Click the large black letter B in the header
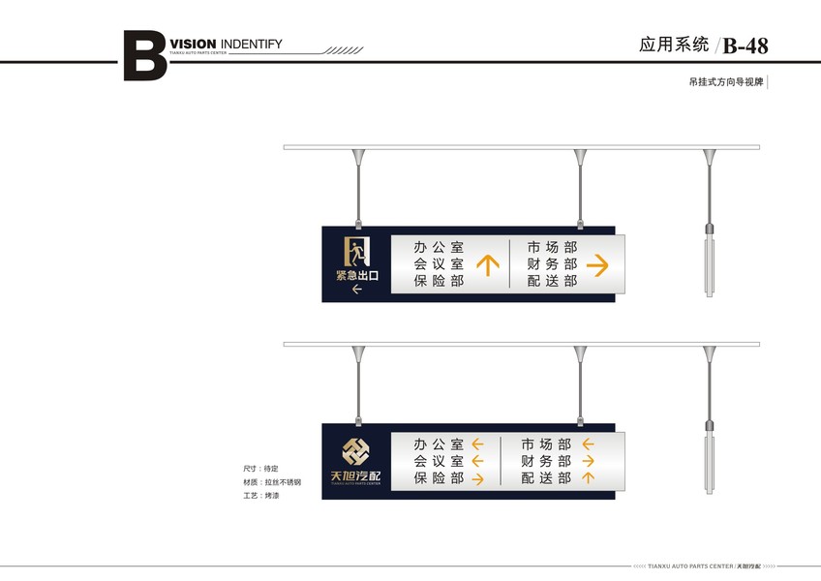coord(144,56)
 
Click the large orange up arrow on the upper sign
coord(488,264)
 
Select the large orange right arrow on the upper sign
coord(597,264)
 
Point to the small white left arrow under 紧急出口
coord(356,290)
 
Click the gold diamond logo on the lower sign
coord(355,452)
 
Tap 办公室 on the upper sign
coord(438,248)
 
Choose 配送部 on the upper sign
coord(552,281)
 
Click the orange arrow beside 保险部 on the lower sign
coord(477,478)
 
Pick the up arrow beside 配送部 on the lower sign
coord(588,478)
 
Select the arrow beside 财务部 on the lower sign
coord(588,462)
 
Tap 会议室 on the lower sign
coord(438,462)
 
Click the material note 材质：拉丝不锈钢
coord(272,481)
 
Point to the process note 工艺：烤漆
coord(261,495)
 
